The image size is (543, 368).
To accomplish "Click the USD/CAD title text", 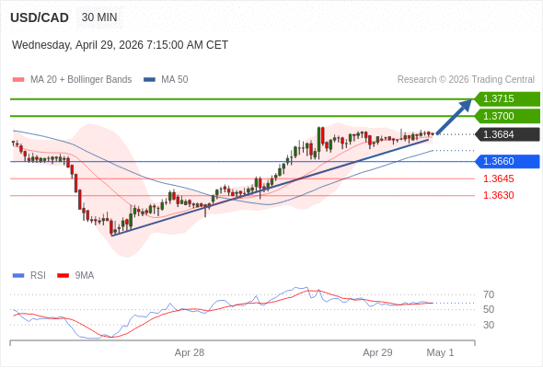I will tap(40, 17).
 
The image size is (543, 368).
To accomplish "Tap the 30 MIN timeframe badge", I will tap(99, 17).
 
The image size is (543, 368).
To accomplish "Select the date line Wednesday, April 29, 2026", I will tap(120, 45).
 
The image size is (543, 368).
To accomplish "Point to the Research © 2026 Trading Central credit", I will tap(466, 80).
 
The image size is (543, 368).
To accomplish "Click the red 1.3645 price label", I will tap(498, 178).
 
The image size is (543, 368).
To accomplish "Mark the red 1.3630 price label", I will tap(498, 195).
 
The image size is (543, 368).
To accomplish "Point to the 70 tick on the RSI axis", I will tap(489, 294).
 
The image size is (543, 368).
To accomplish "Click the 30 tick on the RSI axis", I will tap(489, 325).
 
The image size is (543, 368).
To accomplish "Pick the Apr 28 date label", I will tap(190, 352).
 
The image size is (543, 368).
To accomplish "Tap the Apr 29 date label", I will tap(377, 352).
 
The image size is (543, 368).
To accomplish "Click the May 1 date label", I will tap(440, 352).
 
